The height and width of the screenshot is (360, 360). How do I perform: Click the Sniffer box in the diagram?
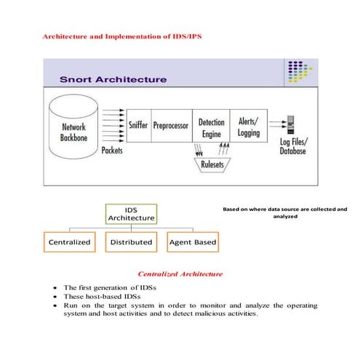tap(138, 125)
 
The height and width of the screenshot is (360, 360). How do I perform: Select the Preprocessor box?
tap(172, 125)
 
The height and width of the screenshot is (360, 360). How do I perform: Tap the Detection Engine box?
tap(211, 125)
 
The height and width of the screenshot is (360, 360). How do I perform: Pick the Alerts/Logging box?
tap(248, 125)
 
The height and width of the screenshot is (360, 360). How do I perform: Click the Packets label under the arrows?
tap(111, 151)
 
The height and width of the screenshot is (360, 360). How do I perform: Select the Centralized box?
tap(69, 241)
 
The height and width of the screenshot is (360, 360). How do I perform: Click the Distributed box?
tap(132, 241)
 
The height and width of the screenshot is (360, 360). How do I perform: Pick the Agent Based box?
tap(192, 241)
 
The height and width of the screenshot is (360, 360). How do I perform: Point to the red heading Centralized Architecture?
tap(180, 274)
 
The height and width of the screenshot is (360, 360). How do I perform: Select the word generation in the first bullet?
tap(105, 288)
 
